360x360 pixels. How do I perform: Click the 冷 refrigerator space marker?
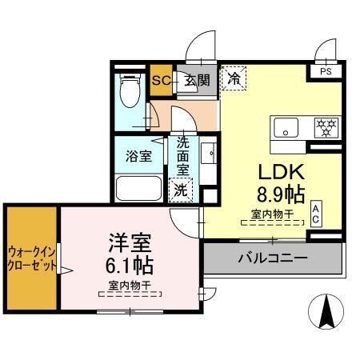pyautogui.click(x=234, y=78)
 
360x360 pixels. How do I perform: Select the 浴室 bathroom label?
pyautogui.click(x=139, y=156)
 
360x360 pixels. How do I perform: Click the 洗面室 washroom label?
pyautogui.click(x=182, y=156)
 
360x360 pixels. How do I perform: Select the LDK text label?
pyautogui.click(x=274, y=171)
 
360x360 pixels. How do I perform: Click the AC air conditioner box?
pyautogui.click(x=316, y=213)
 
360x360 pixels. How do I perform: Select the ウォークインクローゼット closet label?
pyautogui.click(x=32, y=258)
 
